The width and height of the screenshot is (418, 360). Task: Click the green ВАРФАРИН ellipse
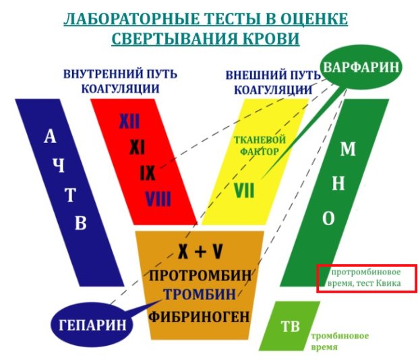click(x=361, y=67)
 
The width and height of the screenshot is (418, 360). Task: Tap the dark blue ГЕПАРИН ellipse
click(x=92, y=324)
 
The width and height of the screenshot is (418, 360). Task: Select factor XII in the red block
click(x=129, y=121)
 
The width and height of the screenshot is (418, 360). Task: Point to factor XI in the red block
click(x=138, y=148)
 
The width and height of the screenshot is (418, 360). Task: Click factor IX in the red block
click(x=148, y=173)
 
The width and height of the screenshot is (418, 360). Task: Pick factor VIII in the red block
click(x=158, y=199)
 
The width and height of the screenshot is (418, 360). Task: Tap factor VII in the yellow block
click(x=244, y=190)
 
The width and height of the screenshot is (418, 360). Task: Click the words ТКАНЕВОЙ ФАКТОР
click(x=260, y=146)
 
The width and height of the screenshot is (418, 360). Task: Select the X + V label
click(x=200, y=251)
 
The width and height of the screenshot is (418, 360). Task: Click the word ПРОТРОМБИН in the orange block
click(x=200, y=275)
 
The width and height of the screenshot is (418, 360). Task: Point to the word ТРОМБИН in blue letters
click(x=200, y=294)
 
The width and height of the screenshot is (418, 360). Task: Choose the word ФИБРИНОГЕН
click(x=199, y=317)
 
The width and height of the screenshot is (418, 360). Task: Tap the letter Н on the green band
click(x=338, y=183)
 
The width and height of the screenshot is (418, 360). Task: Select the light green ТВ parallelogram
click(x=290, y=326)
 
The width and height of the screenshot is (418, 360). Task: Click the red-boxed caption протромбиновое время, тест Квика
click(x=364, y=277)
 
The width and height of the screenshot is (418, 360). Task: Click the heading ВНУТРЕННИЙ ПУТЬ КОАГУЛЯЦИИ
click(x=120, y=82)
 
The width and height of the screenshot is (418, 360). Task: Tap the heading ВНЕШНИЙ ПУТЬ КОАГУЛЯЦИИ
click(x=273, y=82)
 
